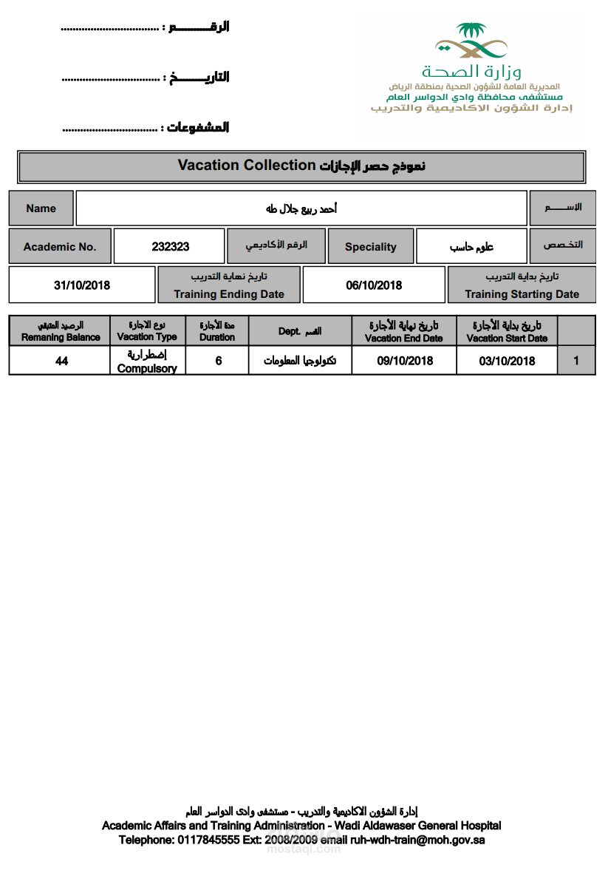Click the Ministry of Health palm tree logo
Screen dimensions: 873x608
tap(471, 41)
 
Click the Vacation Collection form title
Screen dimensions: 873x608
tap(301, 166)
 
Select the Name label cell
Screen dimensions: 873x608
tap(41, 208)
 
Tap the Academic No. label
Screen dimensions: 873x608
tap(60, 247)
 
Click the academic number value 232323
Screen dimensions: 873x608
tap(170, 247)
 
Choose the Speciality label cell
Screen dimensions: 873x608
tap(371, 247)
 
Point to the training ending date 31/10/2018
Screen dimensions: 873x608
tap(82, 285)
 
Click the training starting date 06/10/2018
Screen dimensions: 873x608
tap(374, 285)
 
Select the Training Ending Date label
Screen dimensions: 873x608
tap(229, 293)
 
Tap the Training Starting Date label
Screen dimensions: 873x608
tap(522, 293)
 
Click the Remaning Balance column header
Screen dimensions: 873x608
tap(61, 331)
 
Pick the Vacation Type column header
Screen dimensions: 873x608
tap(147, 331)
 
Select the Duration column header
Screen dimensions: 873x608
tap(217, 331)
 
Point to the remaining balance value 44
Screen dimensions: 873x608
tap(61, 361)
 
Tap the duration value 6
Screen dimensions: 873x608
tap(218, 361)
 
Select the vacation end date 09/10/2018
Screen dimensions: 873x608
tap(405, 361)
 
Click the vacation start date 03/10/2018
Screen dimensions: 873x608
tap(507, 361)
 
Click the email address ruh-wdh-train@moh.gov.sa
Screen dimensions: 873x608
tap(417, 840)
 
